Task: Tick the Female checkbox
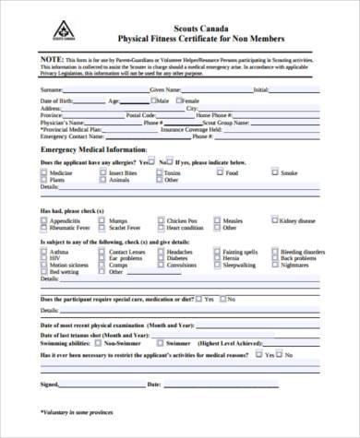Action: [177, 99]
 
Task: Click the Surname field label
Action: [54, 89]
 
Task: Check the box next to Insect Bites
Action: [103, 172]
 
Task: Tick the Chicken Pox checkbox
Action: [160, 220]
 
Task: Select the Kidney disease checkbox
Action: [274, 220]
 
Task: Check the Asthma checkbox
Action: [47, 251]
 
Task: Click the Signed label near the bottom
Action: [50, 382]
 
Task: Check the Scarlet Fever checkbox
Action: [103, 228]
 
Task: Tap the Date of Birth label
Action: [58, 99]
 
